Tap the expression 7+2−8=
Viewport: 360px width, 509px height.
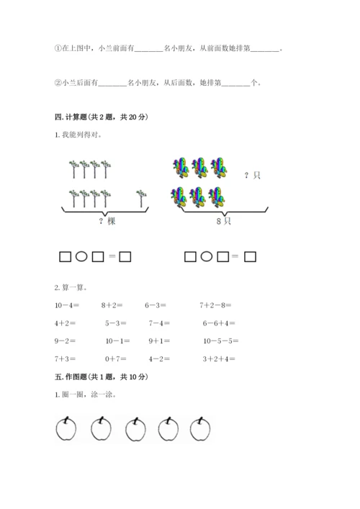(217, 305)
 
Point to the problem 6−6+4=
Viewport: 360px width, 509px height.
(217, 323)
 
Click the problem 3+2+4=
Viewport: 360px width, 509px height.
(217, 359)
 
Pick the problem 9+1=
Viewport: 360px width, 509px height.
(159, 341)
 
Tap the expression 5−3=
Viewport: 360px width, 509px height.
(115, 323)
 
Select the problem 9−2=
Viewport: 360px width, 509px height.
(66, 341)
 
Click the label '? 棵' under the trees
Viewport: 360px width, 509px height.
(107, 221)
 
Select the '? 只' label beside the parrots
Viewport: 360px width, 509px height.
(252, 175)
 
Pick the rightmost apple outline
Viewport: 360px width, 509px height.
(201, 429)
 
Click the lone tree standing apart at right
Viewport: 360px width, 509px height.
(140, 197)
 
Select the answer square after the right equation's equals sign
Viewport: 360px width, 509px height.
(250, 256)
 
